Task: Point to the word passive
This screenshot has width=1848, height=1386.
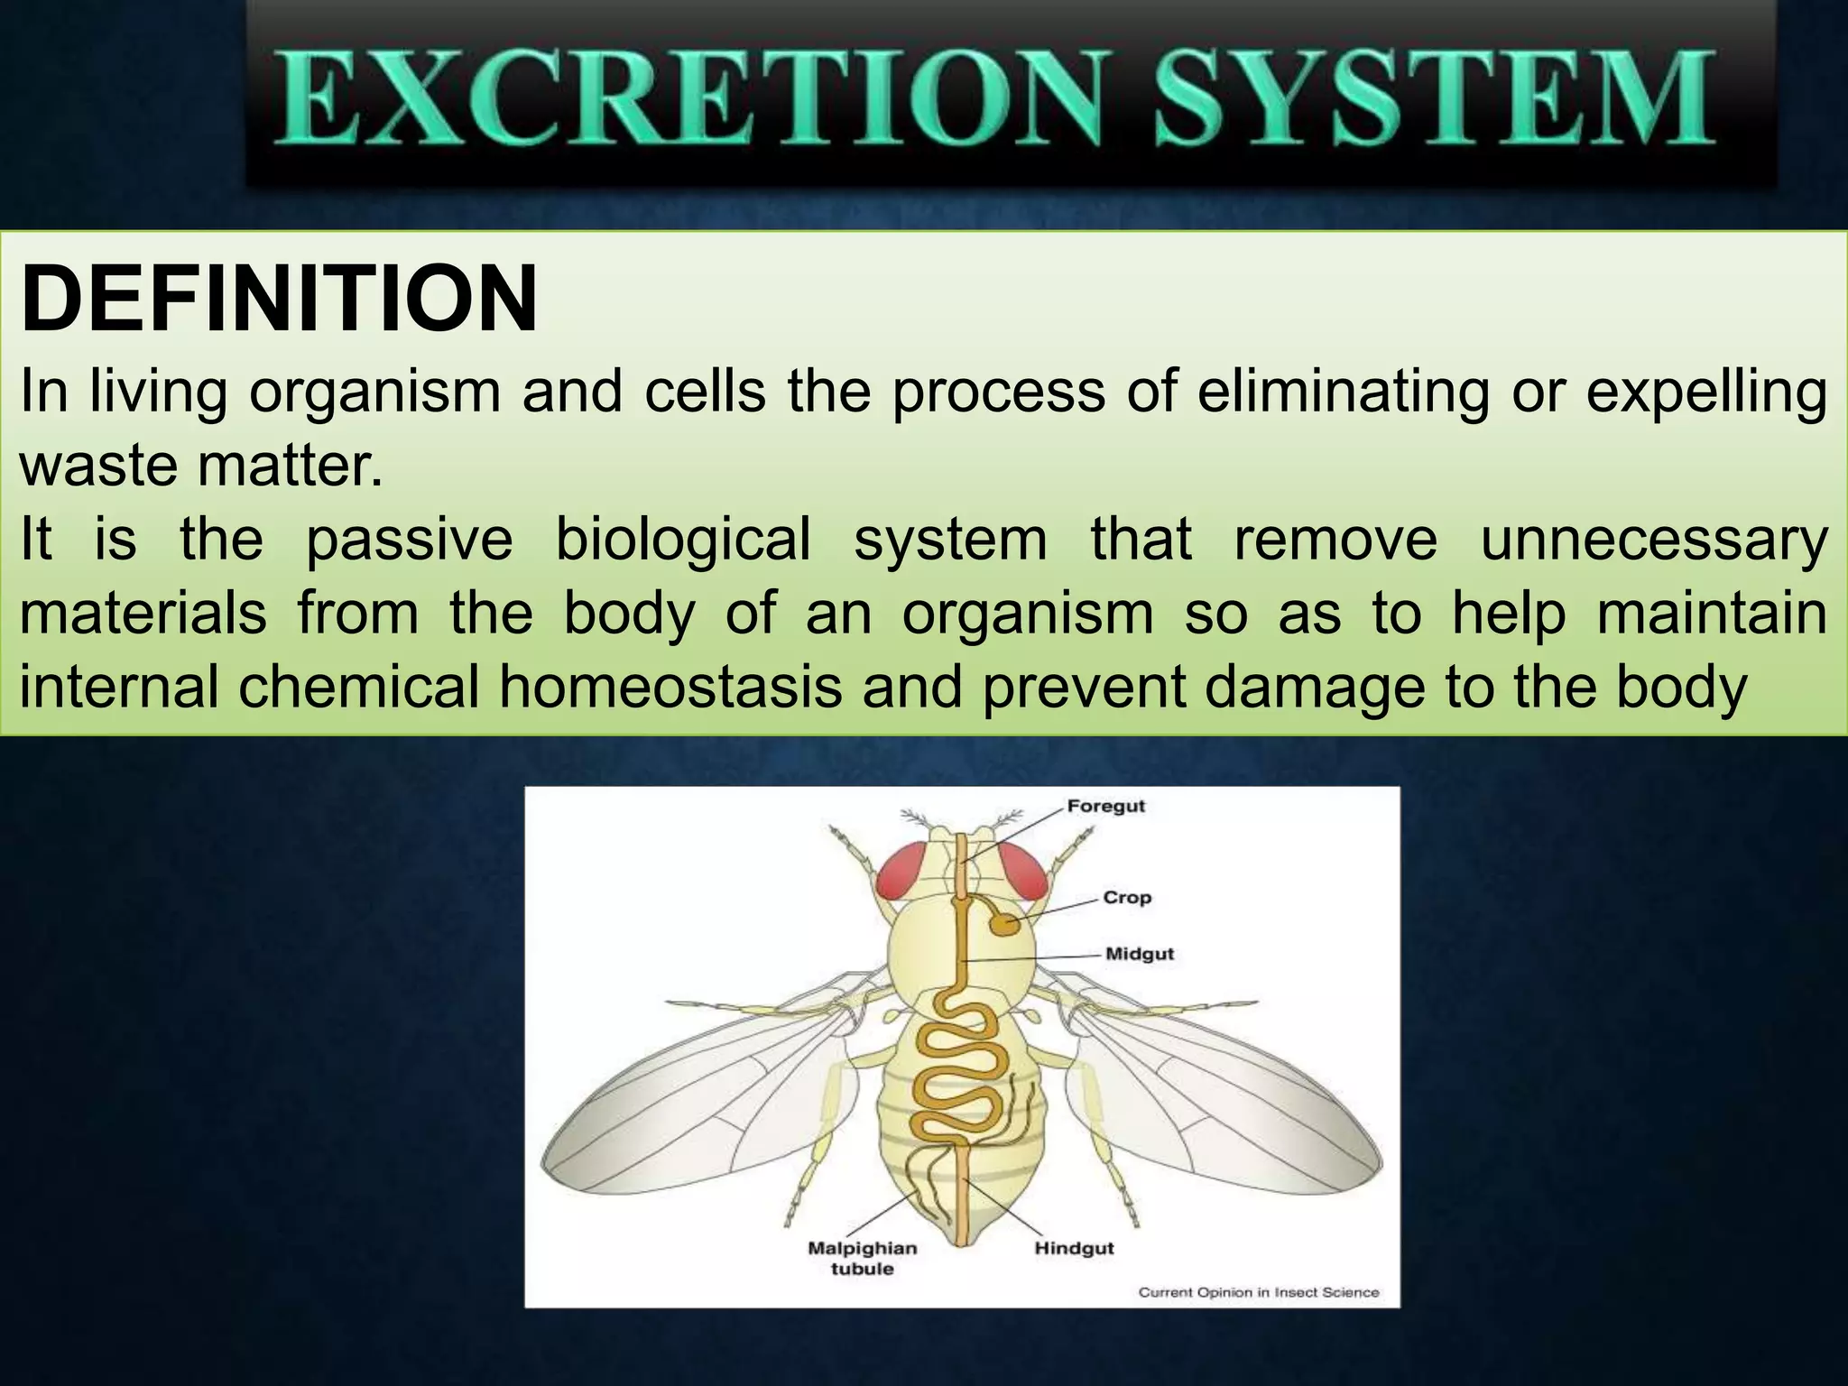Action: pyautogui.click(x=410, y=540)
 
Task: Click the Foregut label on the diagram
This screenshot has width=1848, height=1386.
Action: pyautogui.click(x=1105, y=806)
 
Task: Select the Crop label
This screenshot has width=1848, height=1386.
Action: pyautogui.click(x=1127, y=897)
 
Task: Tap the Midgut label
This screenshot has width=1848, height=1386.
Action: pyautogui.click(x=1140, y=954)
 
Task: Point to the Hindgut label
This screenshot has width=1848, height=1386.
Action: pyautogui.click(x=1074, y=1248)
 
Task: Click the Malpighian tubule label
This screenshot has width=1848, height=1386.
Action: pyautogui.click(x=862, y=1258)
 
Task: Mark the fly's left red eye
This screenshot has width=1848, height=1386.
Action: pyautogui.click(x=905, y=872)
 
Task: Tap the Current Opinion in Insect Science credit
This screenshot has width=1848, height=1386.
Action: pyautogui.click(x=1258, y=1292)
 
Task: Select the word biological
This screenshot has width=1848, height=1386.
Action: pyautogui.click(x=682, y=540)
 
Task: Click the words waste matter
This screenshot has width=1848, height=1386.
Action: pyautogui.click(x=200, y=466)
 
